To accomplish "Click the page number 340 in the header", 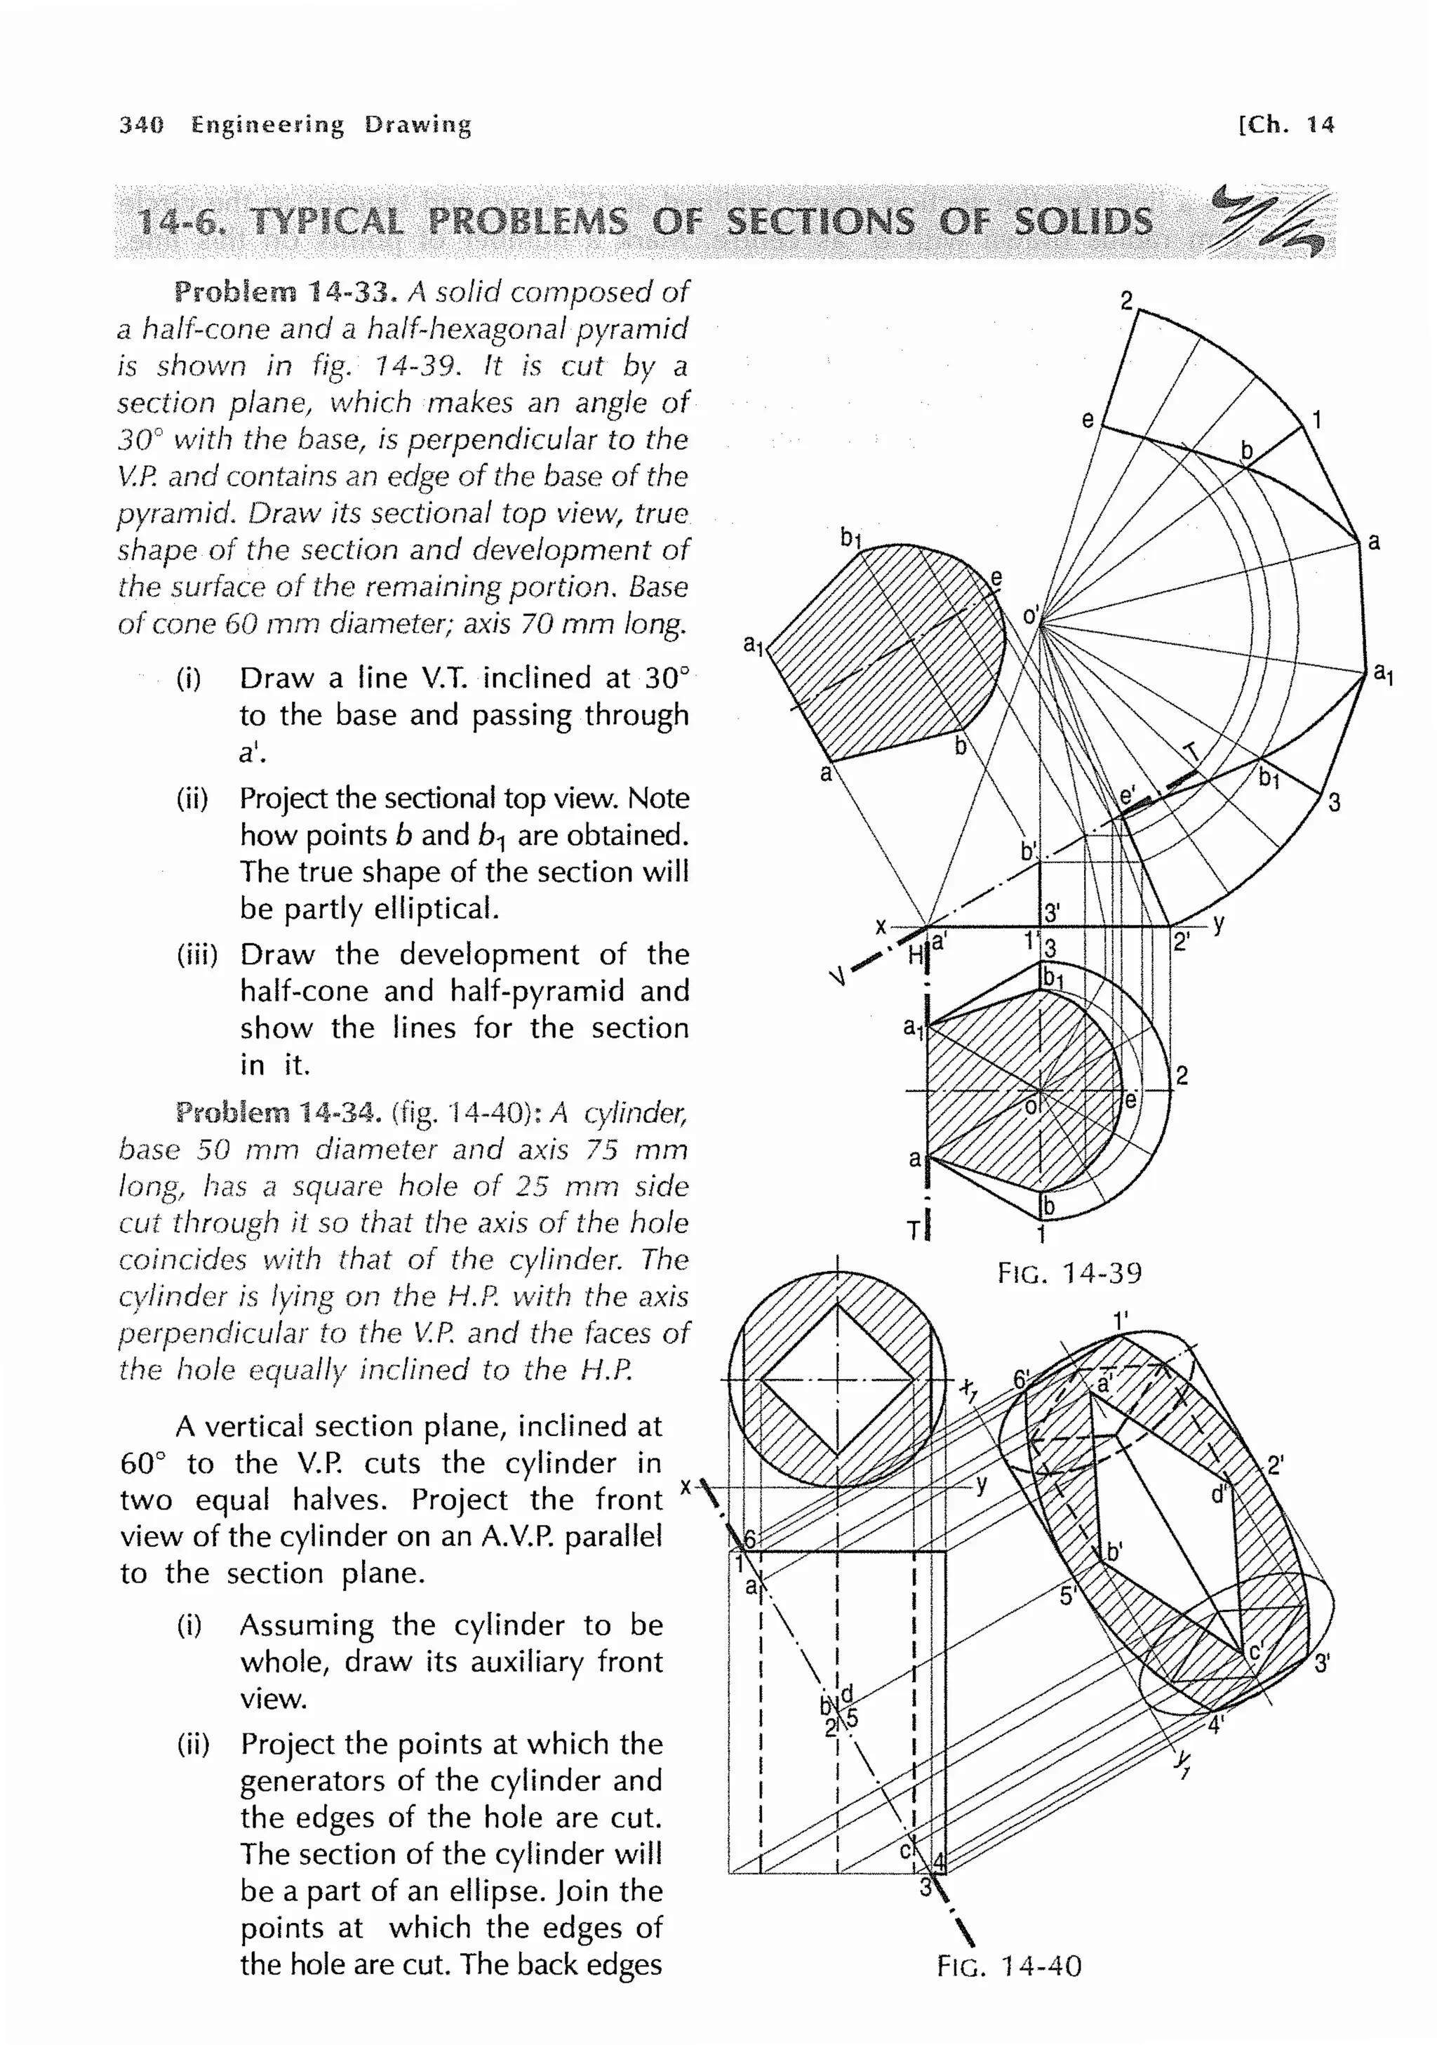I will coord(142,125).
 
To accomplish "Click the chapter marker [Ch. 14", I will coord(1285,125).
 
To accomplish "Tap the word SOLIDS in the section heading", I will coord(1083,222).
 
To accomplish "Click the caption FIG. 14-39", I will coord(1069,1273).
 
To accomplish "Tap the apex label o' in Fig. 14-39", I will coord(1030,615).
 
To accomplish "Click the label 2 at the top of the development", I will coord(1126,301).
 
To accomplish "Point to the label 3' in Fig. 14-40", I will coord(1322,1663).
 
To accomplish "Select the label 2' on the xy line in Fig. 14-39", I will coord(1181,942).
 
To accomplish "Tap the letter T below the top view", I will coord(913,1230).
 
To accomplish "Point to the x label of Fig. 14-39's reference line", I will coord(881,926).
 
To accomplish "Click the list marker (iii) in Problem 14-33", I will coord(196,955).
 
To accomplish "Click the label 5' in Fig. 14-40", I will coord(1067,1596).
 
